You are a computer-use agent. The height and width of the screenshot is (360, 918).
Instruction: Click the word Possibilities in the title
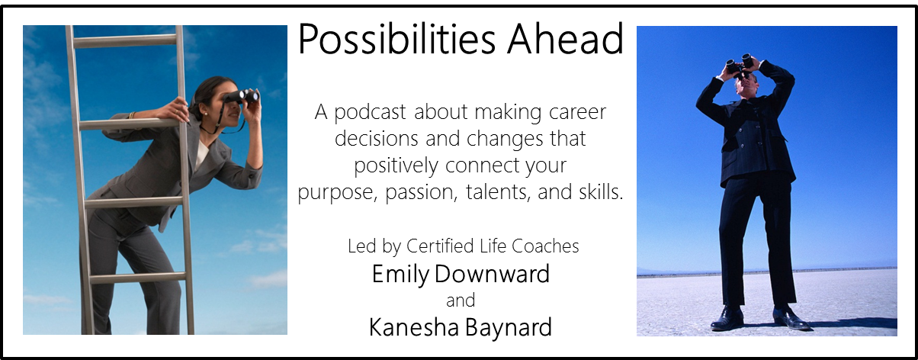tap(396, 40)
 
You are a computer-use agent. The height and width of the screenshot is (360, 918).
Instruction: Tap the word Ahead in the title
tap(565, 39)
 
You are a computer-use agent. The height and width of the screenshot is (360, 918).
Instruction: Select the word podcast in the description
tap(370, 113)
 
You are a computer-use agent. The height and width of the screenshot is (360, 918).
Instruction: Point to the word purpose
tap(337, 193)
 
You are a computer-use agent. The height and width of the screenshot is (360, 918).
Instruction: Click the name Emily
tap(400, 275)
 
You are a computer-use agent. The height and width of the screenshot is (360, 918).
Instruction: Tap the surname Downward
tap(492, 274)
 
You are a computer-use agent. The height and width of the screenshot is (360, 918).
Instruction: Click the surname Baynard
tap(508, 328)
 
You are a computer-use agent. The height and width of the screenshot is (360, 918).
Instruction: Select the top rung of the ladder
tap(124, 40)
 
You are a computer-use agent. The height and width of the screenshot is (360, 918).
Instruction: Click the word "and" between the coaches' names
tap(461, 301)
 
